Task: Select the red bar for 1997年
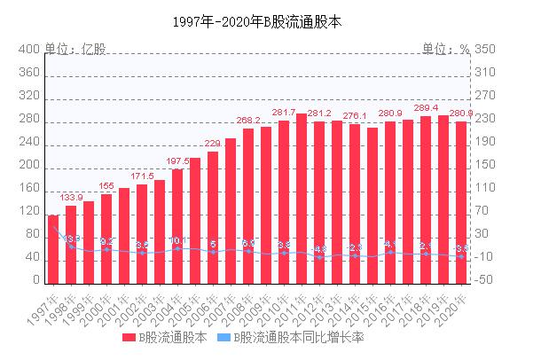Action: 53,249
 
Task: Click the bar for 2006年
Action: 213,217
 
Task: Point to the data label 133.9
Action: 71,197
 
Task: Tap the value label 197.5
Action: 177,160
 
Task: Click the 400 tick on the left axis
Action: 30,49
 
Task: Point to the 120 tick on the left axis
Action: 30,211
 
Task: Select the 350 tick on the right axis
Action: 484,49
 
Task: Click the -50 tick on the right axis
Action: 484,280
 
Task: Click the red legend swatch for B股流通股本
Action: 129,338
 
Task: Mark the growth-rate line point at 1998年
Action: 71,246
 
